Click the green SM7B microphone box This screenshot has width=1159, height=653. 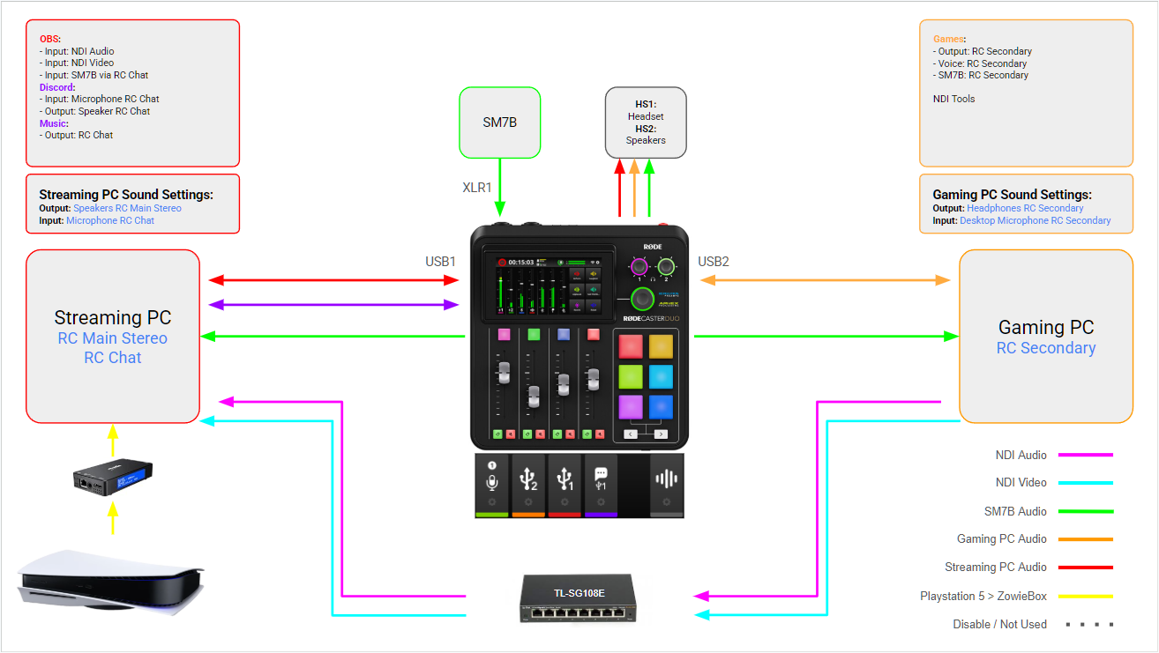point(499,122)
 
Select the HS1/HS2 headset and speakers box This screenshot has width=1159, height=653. point(646,122)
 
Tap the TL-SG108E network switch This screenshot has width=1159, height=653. point(579,598)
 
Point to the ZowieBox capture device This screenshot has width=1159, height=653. point(112,478)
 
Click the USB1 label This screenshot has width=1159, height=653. point(440,262)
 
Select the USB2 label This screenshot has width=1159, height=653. point(713,262)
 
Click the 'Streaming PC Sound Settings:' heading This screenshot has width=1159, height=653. point(126,195)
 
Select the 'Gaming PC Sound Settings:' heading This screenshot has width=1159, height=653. point(1012,195)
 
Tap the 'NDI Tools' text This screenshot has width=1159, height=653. point(953,99)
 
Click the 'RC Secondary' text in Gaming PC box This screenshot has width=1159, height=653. point(1045,348)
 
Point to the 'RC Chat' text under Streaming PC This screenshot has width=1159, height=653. point(112,358)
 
